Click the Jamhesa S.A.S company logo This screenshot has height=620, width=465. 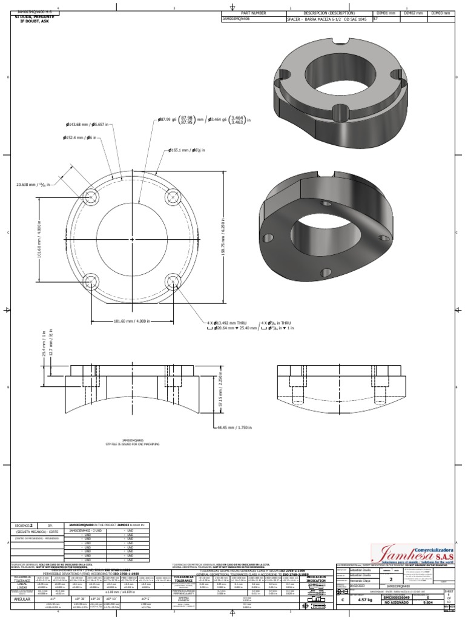pyautogui.click(x=411, y=554)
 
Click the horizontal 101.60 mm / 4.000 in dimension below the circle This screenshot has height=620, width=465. pyautogui.click(x=131, y=322)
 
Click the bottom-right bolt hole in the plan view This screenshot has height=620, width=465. pyautogui.click(x=174, y=280)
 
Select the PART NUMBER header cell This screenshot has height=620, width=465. pyautogui.click(x=253, y=13)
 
